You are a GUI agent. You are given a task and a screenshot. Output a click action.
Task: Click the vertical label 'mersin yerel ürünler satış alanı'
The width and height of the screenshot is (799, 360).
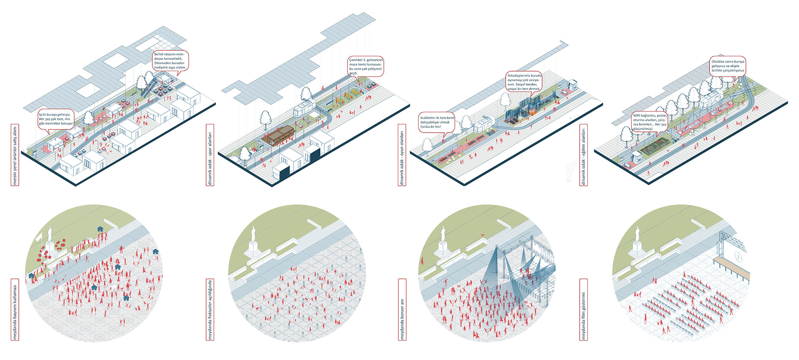tap(15, 155)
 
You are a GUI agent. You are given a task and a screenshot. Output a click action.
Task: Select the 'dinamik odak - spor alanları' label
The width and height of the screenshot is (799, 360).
tap(210, 155)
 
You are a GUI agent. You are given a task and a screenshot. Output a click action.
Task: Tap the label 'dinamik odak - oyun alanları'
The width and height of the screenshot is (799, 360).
tap(402, 155)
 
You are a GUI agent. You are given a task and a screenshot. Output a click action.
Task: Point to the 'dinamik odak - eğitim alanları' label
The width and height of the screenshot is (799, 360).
tap(584, 155)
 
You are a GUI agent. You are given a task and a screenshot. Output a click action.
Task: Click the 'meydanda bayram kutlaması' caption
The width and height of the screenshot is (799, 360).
tap(15, 310)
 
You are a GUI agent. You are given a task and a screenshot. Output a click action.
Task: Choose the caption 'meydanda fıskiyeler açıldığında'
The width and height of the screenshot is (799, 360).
tap(210, 310)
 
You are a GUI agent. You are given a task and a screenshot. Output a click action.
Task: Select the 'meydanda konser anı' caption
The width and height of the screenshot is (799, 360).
tap(402, 310)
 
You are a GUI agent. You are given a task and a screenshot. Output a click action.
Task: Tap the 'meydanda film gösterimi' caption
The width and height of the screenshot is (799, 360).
tap(584, 310)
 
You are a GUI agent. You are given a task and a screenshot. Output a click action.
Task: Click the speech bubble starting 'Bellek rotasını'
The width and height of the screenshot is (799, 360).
tap(170, 61)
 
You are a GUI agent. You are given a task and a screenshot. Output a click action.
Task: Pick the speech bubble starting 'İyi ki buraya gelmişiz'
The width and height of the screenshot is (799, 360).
tap(56, 119)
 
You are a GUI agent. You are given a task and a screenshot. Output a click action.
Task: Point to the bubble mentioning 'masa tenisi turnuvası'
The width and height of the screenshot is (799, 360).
tap(366, 66)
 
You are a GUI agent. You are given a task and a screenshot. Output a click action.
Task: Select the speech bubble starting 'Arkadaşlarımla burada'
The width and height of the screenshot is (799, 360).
tap(524, 82)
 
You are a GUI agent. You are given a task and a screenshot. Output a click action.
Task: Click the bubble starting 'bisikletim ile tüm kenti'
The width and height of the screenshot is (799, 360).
tap(437, 122)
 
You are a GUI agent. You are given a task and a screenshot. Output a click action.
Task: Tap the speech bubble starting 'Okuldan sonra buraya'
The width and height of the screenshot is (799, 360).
tap(728, 66)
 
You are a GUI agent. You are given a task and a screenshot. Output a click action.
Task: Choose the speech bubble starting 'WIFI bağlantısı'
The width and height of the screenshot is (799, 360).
tap(650, 122)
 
